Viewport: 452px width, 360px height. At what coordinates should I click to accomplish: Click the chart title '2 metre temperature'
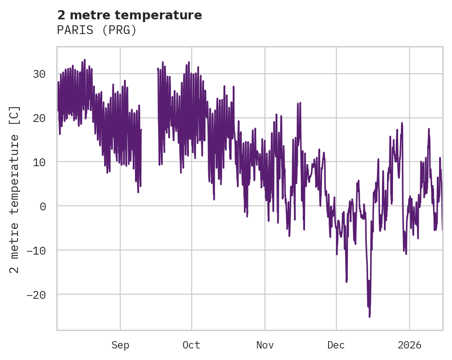pos(129,15)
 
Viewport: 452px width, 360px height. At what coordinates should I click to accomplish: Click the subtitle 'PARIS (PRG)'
pos(97,30)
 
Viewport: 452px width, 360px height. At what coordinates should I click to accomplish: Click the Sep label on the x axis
pos(120,345)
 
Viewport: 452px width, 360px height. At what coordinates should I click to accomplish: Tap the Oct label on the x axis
pos(191,345)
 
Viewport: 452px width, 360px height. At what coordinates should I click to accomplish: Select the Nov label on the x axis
pos(265,345)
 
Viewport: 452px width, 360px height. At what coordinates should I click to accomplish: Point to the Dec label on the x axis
pos(336,345)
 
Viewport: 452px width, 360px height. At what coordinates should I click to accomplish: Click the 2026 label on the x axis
pos(410,345)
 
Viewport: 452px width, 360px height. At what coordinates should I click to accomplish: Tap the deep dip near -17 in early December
pos(346,281)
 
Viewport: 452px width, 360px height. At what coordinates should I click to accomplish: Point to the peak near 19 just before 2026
pos(402,123)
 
